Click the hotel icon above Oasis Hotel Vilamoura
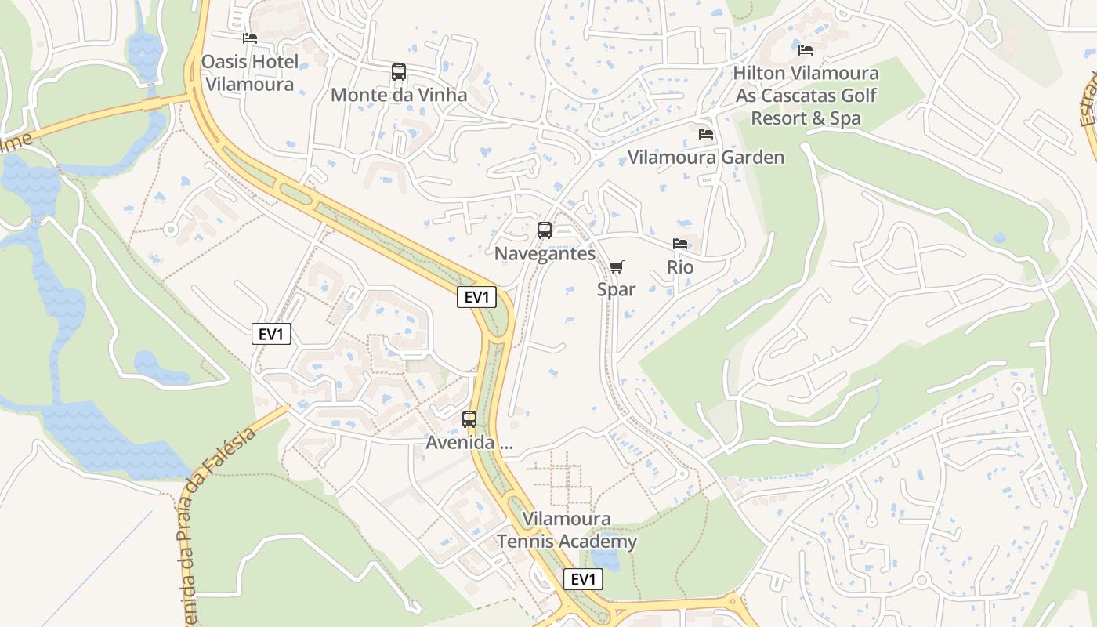pyautogui.click(x=250, y=38)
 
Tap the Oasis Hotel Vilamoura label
pyautogui.click(x=249, y=73)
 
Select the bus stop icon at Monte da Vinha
pyautogui.click(x=399, y=72)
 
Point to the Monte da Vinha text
pyautogui.click(x=399, y=96)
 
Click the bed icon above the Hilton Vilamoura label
pyautogui.click(x=806, y=50)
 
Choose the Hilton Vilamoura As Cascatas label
pyautogui.click(x=806, y=96)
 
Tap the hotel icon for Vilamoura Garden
pyautogui.click(x=706, y=134)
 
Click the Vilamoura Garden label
pyautogui.click(x=706, y=158)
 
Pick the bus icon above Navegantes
pyautogui.click(x=545, y=230)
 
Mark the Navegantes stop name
pyautogui.click(x=545, y=254)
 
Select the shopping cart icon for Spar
pyautogui.click(x=617, y=267)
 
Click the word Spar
pyautogui.click(x=617, y=289)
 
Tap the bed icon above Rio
pyautogui.click(x=680, y=245)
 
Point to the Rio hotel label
pyautogui.click(x=680, y=267)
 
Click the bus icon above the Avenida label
pyautogui.click(x=469, y=419)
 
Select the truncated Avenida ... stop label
pyautogui.click(x=469, y=443)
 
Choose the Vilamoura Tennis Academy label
pyautogui.click(x=567, y=531)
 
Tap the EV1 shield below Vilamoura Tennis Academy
pyautogui.click(x=584, y=579)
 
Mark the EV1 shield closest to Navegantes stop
pyautogui.click(x=477, y=297)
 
